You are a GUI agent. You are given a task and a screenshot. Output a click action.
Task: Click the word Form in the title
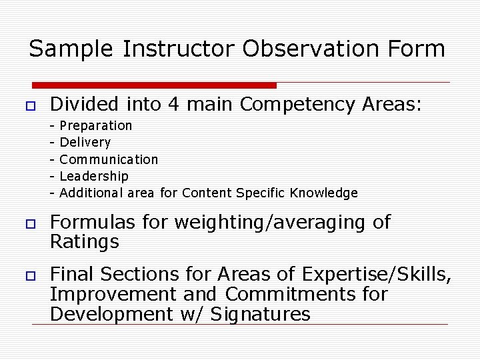pyautogui.click(x=417, y=49)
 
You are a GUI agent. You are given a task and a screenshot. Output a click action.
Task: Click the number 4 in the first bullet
pyautogui.click(x=176, y=105)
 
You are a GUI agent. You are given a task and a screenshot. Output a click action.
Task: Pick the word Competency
pyautogui.click(x=297, y=105)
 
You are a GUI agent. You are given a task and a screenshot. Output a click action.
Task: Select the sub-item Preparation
pyautogui.click(x=96, y=126)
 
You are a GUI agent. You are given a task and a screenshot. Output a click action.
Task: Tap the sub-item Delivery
pyautogui.click(x=85, y=143)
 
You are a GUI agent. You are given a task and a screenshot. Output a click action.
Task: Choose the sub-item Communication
pyautogui.click(x=109, y=160)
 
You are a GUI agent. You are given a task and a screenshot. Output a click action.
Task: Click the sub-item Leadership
pyautogui.click(x=94, y=177)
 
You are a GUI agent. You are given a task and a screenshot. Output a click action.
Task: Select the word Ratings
pyautogui.click(x=85, y=242)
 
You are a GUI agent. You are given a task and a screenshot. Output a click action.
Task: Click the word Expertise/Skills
pyautogui.click(x=377, y=275)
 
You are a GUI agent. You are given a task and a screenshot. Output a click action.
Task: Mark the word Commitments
pyautogui.click(x=287, y=295)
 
